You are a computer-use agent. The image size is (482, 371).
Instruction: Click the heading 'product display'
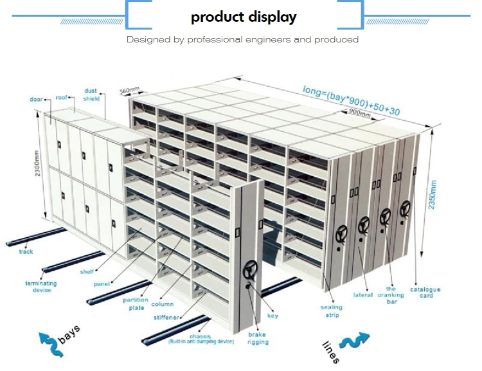[x=244, y=17]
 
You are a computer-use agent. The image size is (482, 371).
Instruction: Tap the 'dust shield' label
[x=91, y=95]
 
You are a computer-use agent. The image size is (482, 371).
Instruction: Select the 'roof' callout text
[x=62, y=97]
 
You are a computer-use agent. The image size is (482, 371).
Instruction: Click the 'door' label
[x=36, y=100]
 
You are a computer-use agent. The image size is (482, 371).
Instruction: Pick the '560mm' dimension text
[x=130, y=91]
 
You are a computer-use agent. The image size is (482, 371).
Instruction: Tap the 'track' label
[x=26, y=252]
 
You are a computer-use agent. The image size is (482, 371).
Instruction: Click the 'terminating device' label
[x=40, y=286]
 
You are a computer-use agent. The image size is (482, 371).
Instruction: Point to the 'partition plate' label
[x=135, y=303]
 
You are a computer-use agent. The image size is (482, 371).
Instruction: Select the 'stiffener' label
[x=167, y=317]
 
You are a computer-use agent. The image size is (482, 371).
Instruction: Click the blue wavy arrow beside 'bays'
[x=51, y=343]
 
